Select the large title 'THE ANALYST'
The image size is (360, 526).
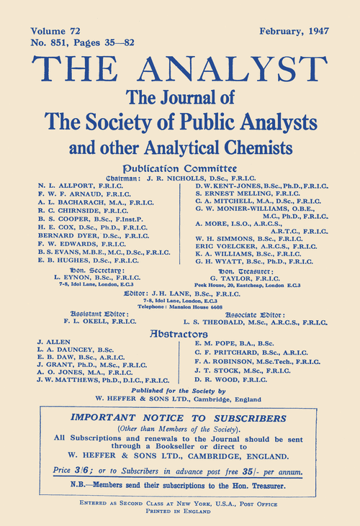click(180, 70)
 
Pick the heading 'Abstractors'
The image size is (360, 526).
click(180, 334)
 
